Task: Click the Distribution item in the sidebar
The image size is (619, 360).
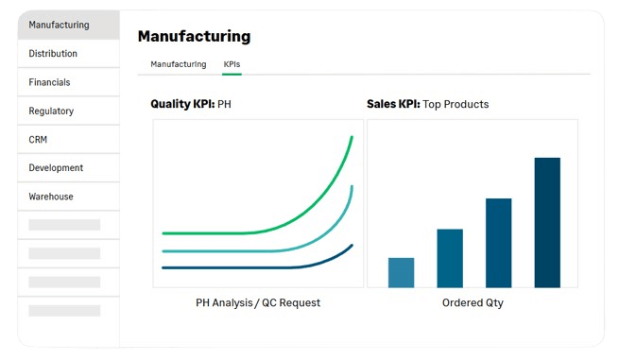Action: (53, 53)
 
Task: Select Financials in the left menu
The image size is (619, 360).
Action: (49, 82)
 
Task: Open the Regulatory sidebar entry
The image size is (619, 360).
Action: (51, 111)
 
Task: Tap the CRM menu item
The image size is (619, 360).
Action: (38, 139)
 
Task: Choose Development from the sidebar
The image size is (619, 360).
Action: (56, 168)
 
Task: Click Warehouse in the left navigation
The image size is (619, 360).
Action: (51, 197)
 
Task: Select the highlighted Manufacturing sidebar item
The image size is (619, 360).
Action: (59, 25)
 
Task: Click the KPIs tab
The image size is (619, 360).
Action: (232, 64)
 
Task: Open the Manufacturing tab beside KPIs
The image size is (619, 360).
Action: (179, 64)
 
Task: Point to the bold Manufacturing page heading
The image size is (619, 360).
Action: (195, 36)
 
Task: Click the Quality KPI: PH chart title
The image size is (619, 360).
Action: (191, 104)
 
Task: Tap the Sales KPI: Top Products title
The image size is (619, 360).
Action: (427, 104)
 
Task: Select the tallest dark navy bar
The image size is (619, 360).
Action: (547, 223)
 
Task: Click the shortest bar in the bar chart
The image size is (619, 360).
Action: (401, 273)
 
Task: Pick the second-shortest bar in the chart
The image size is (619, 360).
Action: (450, 258)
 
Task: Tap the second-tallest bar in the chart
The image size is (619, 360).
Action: (499, 243)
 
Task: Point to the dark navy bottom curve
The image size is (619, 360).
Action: (276, 267)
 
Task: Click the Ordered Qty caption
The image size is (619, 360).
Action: (473, 302)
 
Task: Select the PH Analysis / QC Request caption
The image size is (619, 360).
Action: (258, 302)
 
